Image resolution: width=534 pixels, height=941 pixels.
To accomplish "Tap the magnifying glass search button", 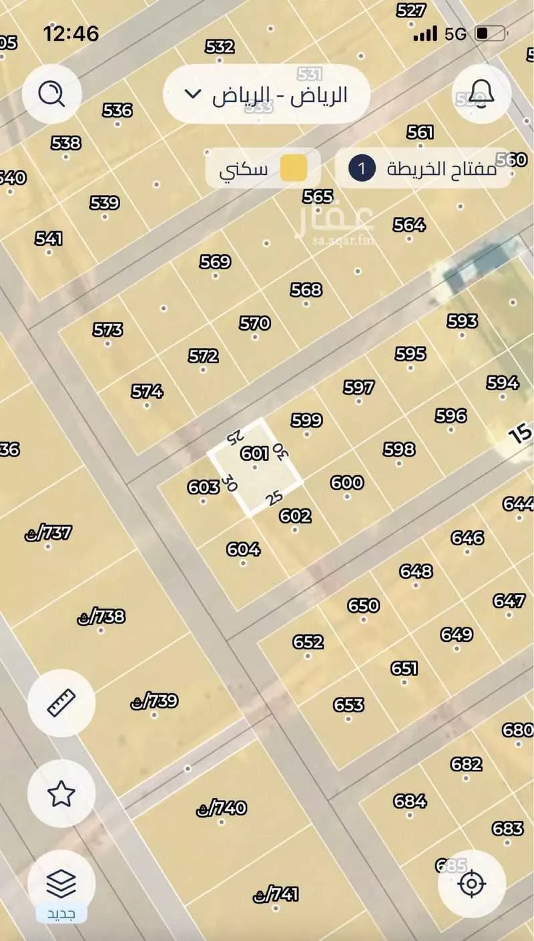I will coord(51,94).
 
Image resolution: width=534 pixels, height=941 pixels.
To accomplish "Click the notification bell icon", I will coord(482,93).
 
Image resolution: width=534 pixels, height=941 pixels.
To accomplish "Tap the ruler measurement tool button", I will coord(61,703).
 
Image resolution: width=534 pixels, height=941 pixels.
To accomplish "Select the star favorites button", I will coord(61,793).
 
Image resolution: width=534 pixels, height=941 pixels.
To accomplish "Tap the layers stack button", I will coord(61,884).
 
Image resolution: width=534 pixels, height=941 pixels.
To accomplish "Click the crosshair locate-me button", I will coord(472,884).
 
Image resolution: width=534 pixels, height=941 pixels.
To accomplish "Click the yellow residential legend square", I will coord(293,168).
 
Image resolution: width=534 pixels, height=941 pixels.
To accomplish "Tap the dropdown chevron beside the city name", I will coord(192,93).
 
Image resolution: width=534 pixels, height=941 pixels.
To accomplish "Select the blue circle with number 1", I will coord(362,168).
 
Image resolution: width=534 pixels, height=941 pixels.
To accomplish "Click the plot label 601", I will coord(254,454).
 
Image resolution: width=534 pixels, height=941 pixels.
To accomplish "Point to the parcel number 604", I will coord(243,549).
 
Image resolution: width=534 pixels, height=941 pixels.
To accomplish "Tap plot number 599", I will coord(306,420).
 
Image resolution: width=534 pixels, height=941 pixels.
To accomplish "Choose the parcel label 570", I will coord(254,323).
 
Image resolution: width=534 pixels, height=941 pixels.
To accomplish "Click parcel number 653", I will coord(348,705).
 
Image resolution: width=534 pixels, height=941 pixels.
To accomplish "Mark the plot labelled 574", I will coord(147,391).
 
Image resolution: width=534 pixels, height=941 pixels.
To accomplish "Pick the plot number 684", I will coord(410,800).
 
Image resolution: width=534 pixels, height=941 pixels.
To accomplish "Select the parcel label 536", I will coord(117,110).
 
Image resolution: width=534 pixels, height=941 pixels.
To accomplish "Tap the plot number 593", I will coord(462,321).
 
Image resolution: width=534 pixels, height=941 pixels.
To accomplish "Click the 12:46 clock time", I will coord(71,33).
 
